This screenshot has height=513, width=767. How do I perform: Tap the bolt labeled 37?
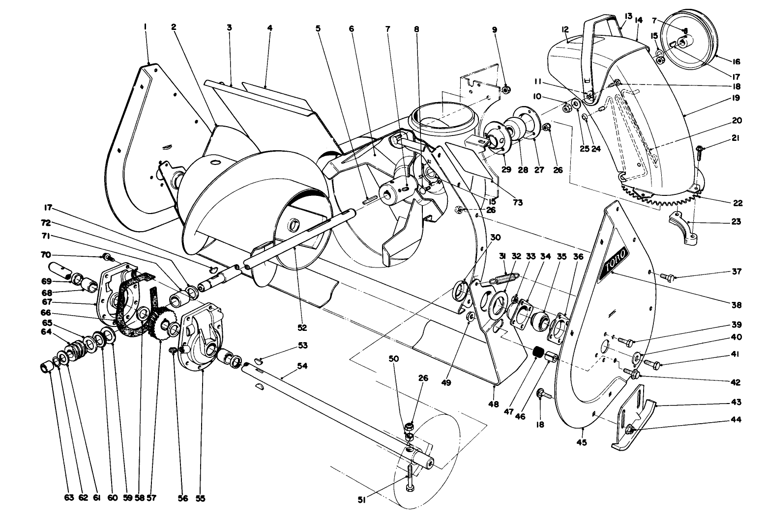click(x=664, y=276)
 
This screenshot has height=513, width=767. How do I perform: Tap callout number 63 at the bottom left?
click(x=69, y=498)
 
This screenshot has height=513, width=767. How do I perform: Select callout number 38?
click(x=749, y=304)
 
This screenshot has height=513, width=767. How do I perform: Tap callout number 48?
click(x=493, y=404)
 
